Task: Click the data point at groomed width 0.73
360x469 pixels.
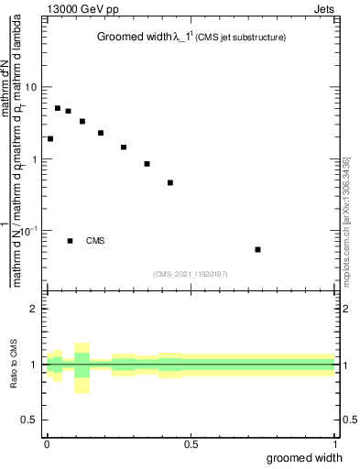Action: (x=258, y=249)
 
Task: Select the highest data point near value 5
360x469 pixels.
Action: (x=57, y=108)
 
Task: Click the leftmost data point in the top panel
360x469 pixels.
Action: (x=49, y=139)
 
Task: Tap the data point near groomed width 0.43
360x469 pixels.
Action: (x=170, y=183)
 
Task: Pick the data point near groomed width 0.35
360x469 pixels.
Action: (x=147, y=164)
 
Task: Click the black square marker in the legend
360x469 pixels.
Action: (x=70, y=241)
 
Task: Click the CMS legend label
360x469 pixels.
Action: (x=95, y=241)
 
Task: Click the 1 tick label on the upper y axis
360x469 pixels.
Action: (x=35, y=159)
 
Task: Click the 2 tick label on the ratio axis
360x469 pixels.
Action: (x=35, y=309)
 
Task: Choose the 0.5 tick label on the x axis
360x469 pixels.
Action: (x=191, y=444)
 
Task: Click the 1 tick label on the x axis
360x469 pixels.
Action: (x=335, y=444)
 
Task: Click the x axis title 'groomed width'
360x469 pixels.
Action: (x=305, y=458)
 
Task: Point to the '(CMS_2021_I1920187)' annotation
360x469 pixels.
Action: (x=191, y=273)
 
